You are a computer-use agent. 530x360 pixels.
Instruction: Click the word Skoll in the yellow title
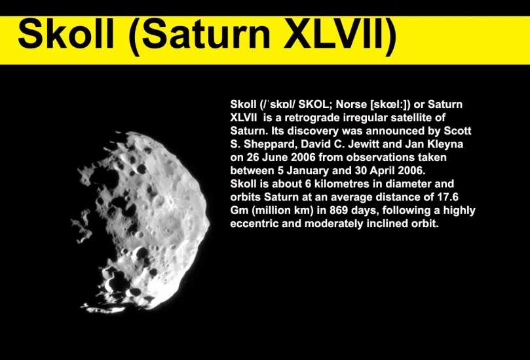point(66,35)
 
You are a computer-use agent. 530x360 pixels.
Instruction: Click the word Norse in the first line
point(351,104)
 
